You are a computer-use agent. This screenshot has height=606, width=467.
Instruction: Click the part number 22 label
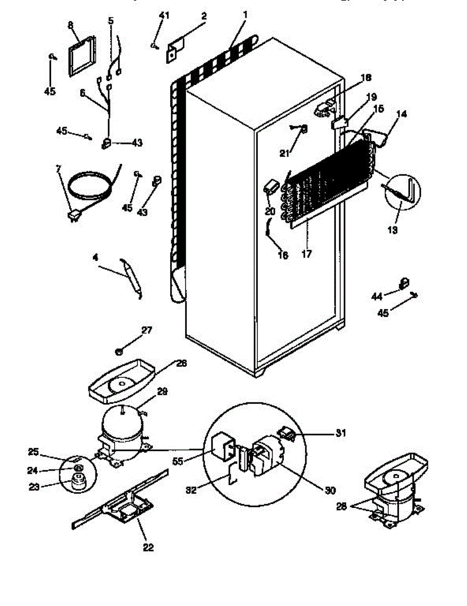[148, 547]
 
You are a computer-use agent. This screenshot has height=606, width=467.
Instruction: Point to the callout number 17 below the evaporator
[306, 254]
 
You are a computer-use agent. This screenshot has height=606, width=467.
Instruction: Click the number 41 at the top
[164, 15]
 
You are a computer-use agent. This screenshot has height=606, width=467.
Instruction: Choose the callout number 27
[146, 330]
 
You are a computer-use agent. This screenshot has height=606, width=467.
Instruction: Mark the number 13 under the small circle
[392, 229]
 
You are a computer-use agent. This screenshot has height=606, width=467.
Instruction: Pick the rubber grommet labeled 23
[77, 483]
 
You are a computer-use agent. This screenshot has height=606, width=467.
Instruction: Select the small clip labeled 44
[404, 283]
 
